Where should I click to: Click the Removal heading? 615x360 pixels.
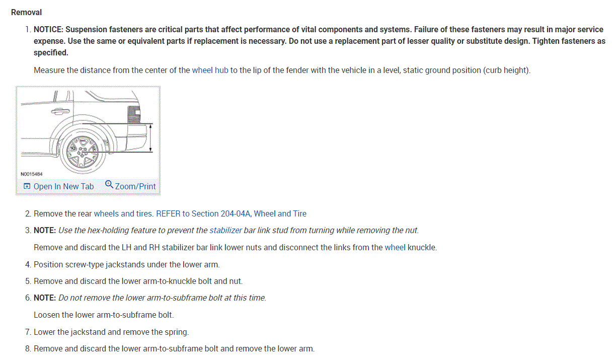click(x=26, y=12)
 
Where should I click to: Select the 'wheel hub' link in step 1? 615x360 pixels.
click(x=210, y=70)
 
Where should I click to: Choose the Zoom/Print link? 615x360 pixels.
click(x=135, y=186)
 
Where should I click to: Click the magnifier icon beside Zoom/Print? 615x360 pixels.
click(x=109, y=185)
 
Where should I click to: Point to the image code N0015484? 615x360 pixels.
click(x=32, y=174)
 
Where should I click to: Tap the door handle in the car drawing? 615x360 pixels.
click(x=60, y=109)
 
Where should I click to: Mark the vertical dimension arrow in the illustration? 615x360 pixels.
click(x=150, y=137)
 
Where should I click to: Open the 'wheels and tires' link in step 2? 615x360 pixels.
click(x=123, y=213)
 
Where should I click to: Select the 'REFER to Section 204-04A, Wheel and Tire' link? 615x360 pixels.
click(x=231, y=213)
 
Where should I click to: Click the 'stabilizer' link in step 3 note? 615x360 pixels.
click(x=225, y=230)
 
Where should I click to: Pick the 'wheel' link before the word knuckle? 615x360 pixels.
click(x=395, y=247)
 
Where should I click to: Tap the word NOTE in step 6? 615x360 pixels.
click(x=44, y=298)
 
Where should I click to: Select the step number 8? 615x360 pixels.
click(x=28, y=348)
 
